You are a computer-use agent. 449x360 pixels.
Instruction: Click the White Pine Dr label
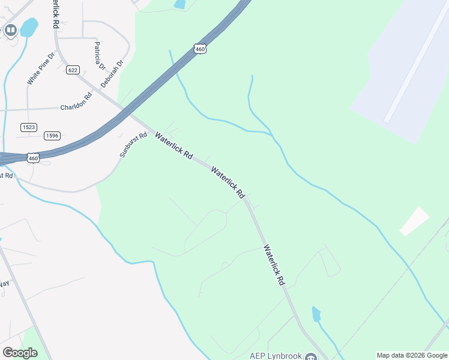pyautogui.click(x=41, y=68)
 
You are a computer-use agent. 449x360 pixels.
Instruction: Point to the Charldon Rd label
pyautogui.click(x=76, y=107)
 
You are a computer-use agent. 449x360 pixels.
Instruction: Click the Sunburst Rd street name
pyautogui.click(x=133, y=145)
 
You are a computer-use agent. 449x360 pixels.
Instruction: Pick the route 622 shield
pyautogui.click(x=73, y=70)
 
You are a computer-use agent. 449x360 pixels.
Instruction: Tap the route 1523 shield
pyautogui.click(x=28, y=127)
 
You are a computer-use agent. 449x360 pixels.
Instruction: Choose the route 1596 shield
pyautogui.click(x=52, y=136)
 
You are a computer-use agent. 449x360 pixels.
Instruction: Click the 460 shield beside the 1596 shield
pyautogui.click(x=33, y=158)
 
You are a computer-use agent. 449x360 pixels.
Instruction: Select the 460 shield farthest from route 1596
pyautogui.click(x=200, y=49)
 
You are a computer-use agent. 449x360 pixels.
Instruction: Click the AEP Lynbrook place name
pyautogui.click(x=276, y=356)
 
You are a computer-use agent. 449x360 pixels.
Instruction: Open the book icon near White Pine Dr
pyautogui.click(x=10, y=29)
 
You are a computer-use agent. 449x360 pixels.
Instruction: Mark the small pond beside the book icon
pyautogui.click(x=29, y=26)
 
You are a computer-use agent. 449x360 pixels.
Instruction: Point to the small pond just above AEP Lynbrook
pyautogui.click(x=316, y=314)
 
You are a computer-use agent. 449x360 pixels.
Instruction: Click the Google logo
pyautogui.click(x=20, y=352)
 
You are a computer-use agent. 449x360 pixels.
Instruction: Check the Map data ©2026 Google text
pyautogui.click(x=412, y=355)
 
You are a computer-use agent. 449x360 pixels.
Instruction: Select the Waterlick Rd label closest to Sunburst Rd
pyautogui.click(x=173, y=146)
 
